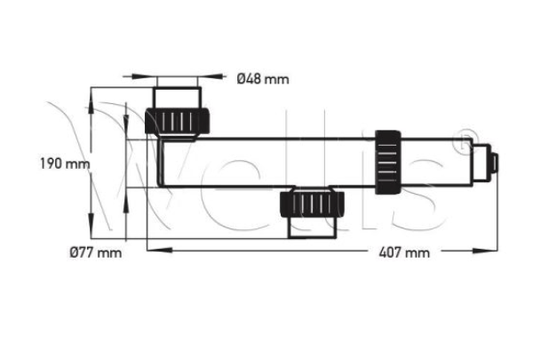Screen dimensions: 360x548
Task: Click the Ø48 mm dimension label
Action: (263, 78)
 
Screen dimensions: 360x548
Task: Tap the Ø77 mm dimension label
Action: (95, 252)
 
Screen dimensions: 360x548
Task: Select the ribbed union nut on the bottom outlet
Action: (310, 205)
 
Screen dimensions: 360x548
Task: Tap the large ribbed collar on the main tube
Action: (390, 161)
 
